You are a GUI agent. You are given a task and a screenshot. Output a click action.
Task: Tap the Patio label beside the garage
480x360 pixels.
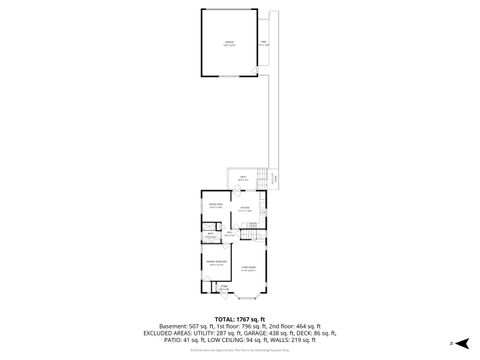[264, 44]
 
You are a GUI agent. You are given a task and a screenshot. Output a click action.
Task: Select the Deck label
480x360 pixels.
[242, 179]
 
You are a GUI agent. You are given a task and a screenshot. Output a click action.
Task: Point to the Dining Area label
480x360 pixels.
[215, 206]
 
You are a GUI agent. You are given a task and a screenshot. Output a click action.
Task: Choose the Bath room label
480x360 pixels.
[211, 237]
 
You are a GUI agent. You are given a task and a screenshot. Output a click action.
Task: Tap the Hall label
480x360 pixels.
[229, 234]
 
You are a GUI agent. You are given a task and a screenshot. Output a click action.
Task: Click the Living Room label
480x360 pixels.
[248, 267]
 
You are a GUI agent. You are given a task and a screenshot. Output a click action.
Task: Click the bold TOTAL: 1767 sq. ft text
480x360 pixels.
[239, 318]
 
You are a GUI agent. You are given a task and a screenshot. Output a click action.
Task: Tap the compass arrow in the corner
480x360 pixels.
[461, 342]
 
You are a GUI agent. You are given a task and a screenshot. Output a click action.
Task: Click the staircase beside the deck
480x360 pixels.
[264, 180]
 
